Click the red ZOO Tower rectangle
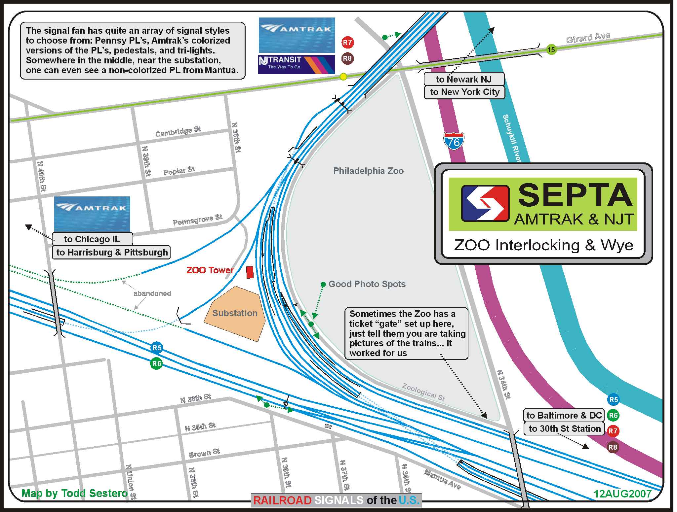click(x=250, y=272)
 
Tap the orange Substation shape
click(x=235, y=313)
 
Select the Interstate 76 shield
click(x=454, y=141)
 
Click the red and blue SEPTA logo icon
click(x=485, y=203)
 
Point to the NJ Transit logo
click(x=297, y=64)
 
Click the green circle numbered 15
click(x=551, y=50)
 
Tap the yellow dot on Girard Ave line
click(x=343, y=77)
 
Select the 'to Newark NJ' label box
click(x=464, y=79)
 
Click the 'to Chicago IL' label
click(x=92, y=239)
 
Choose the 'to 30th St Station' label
click(x=564, y=428)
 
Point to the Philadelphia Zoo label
click(x=368, y=171)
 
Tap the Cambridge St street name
click(x=178, y=131)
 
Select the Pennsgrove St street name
click(x=198, y=220)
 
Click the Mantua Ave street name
click(x=442, y=479)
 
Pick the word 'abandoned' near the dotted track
click(x=152, y=293)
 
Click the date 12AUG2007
click(x=622, y=494)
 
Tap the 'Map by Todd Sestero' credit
click(x=75, y=493)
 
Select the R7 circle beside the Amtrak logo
click(x=347, y=43)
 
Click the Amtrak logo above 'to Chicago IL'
click(x=92, y=214)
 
